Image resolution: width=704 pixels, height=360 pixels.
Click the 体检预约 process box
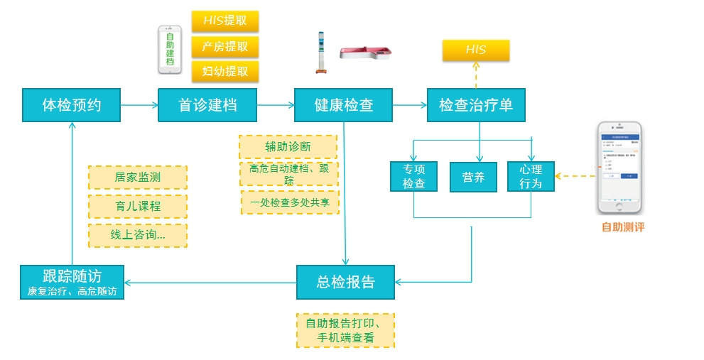coord(72,105)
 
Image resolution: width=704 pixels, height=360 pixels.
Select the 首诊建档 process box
coord(207,105)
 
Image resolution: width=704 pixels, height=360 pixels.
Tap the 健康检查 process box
coord(344,105)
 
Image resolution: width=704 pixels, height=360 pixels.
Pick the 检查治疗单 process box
coord(476,105)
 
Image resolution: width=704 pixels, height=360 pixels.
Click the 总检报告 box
coord(345,281)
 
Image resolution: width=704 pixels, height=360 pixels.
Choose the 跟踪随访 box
coord(72,281)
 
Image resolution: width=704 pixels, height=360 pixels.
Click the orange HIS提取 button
coord(225,21)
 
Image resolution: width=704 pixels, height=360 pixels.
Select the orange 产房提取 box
coord(225,47)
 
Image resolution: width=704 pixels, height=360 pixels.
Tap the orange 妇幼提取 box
coord(225,71)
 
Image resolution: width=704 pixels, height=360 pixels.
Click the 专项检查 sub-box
coord(414,177)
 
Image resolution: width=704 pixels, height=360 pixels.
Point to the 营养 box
coord(473,177)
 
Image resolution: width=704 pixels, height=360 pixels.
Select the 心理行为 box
coord(531,177)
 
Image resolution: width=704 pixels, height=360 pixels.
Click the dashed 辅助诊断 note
coord(288,147)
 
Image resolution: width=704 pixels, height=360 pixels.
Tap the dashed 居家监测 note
coord(138,178)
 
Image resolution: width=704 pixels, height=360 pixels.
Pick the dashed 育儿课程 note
coord(138,207)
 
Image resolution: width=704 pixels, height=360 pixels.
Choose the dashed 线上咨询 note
coord(138,235)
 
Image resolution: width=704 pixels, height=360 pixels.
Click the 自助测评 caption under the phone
coord(623,227)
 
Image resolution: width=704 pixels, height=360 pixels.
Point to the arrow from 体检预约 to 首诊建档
coord(139,105)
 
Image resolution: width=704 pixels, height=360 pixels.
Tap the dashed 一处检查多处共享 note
coord(290,202)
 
